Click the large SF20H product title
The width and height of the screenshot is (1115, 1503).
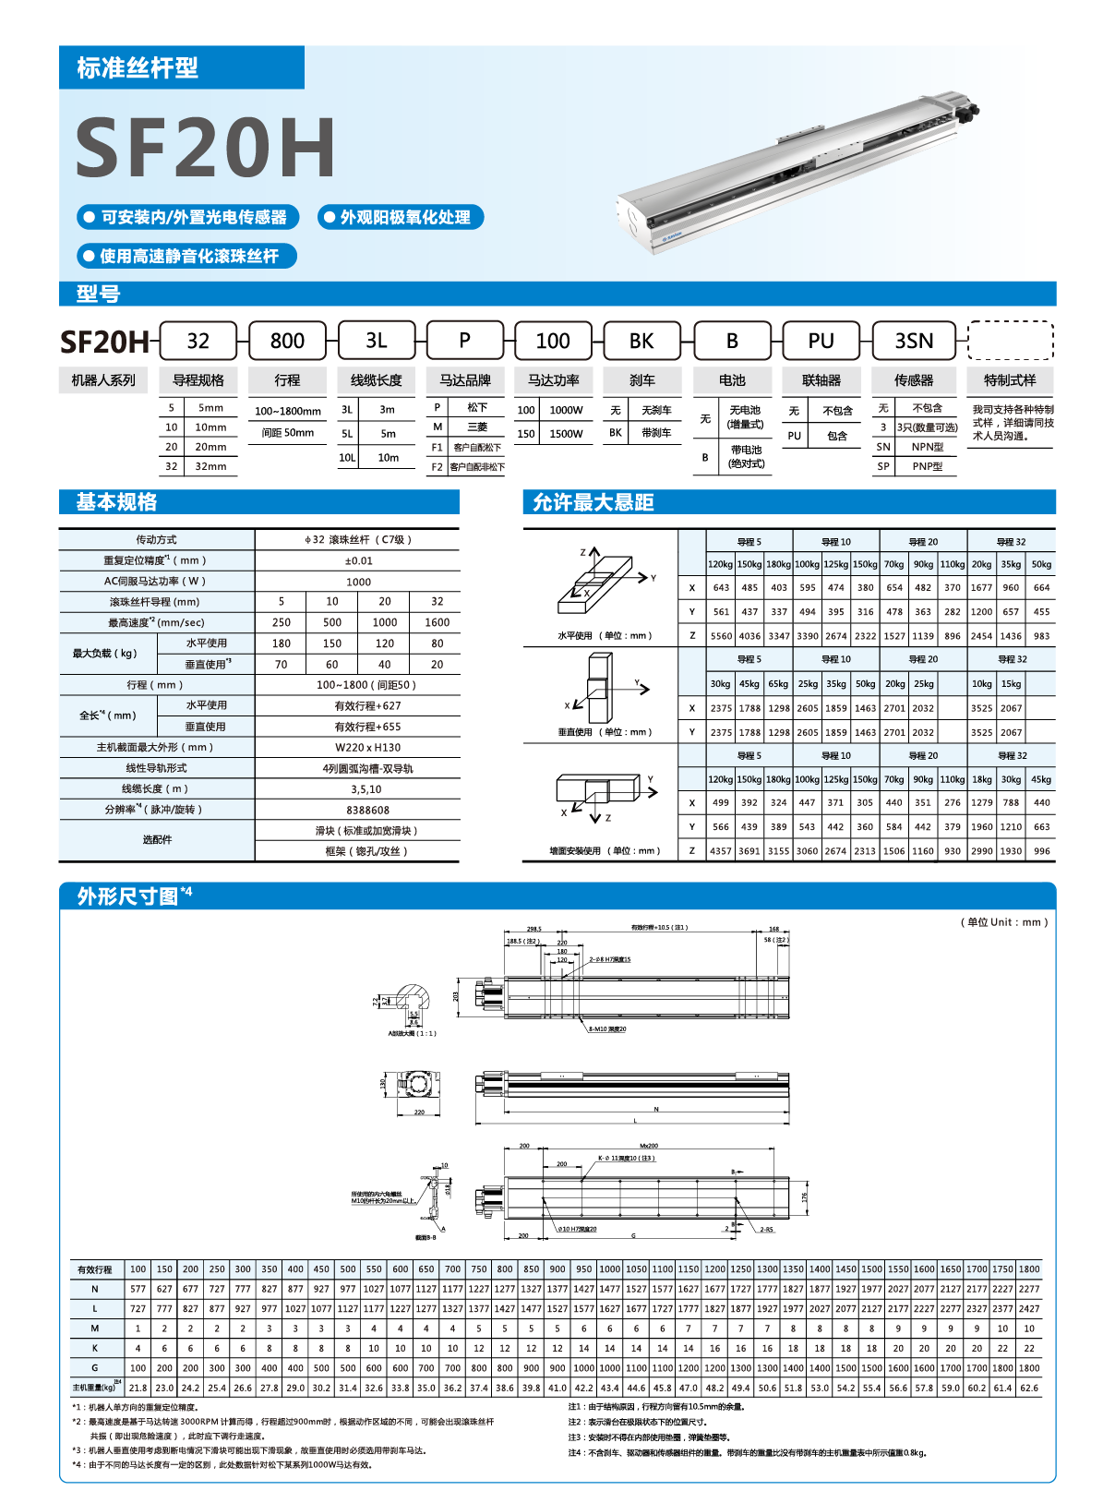[x=205, y=148]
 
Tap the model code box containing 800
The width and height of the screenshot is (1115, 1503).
[x=287, y=341]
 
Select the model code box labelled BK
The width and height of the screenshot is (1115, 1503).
[x=641, y=341]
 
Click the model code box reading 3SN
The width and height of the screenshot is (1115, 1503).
[x=914, y=341]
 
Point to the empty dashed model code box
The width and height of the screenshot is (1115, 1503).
[x=1010, y=341]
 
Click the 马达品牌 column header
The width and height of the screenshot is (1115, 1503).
[x=465, y=380]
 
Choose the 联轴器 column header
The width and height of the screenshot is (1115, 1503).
[x=821, y=380]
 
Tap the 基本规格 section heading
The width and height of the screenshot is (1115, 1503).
[x=116, y=502]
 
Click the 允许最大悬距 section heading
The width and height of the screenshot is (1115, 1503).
[x=593, y=502]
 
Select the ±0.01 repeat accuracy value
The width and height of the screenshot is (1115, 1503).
[x=358, y=560]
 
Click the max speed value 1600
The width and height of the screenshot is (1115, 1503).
[x=437, y=622]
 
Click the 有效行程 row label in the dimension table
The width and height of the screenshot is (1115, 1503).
[x=95, y=1269]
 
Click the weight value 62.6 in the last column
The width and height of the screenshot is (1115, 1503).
[x=1029, y=1388]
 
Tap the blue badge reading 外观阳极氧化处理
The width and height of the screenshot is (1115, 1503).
[x=401, y=217]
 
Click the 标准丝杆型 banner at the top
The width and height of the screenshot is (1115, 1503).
[x=138, y=67]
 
